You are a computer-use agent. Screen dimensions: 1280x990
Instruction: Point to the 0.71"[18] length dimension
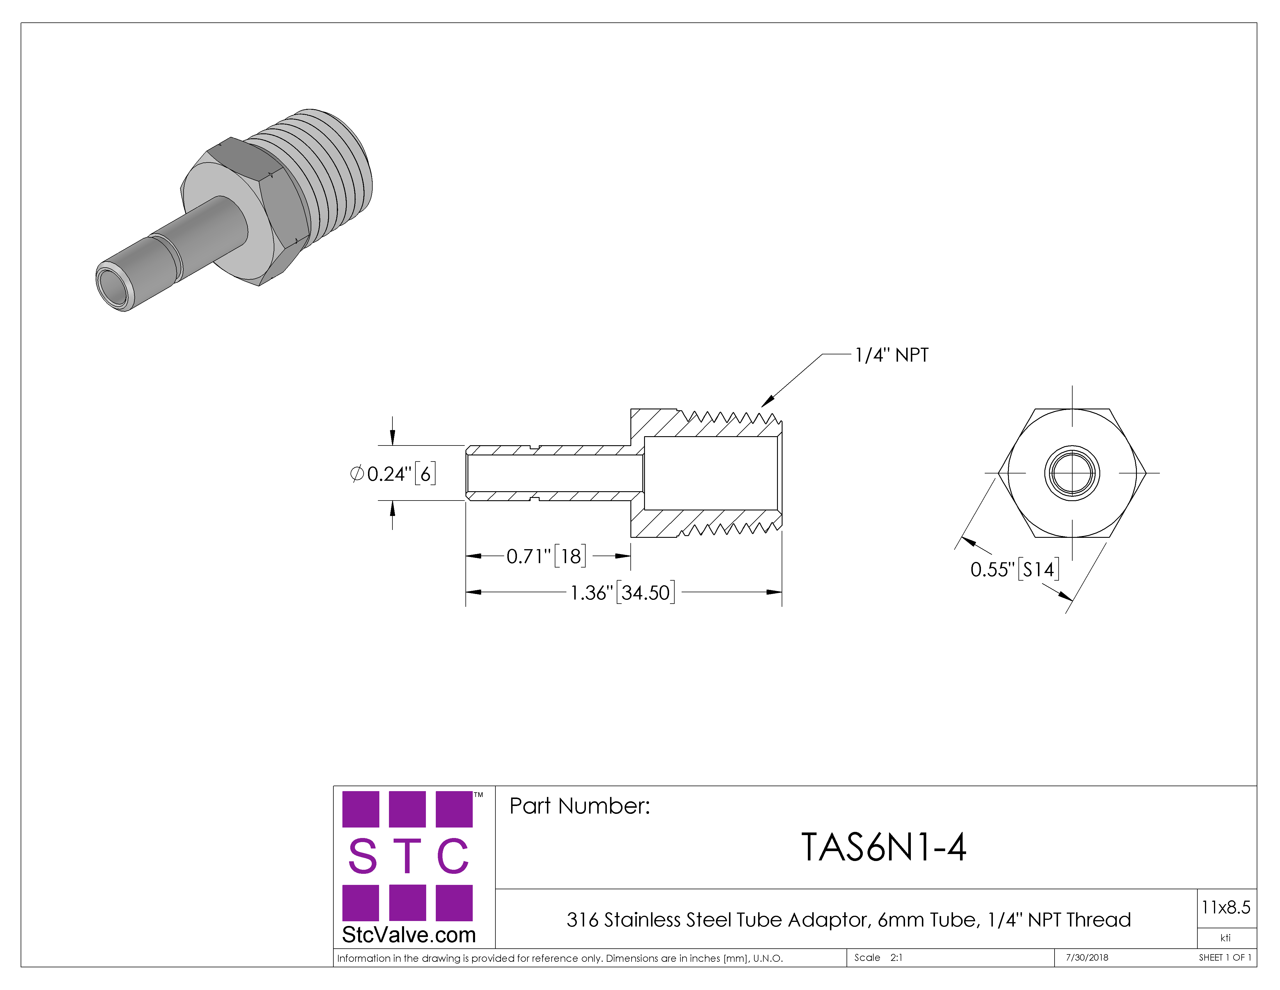click(x=546, y=556)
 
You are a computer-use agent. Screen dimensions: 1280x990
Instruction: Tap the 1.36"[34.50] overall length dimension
click(x=623, y=592)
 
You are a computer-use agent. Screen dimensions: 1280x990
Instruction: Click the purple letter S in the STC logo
click(x=362, y=856)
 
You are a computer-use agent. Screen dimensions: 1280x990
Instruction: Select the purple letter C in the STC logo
click(x=453, y=856)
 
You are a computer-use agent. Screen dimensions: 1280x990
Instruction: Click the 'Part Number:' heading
click(x=579, y=806)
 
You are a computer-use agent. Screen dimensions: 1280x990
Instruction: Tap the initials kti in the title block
click(x=1226, y=938)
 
